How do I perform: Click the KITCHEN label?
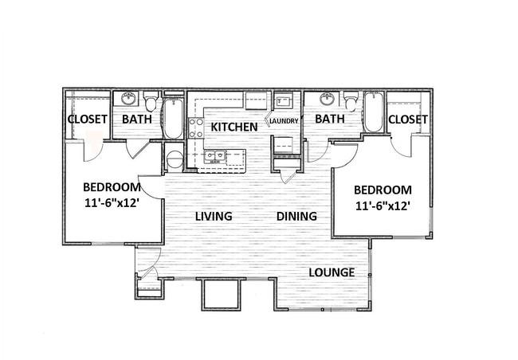pos(234,127)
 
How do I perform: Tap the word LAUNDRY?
pos(285,121)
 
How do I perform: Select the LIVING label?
pos(214,217)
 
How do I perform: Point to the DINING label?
pos(296,217)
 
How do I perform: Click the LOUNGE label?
pos(332,272)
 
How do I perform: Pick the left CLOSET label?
pos(87,119)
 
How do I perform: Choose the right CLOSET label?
pos(408,119)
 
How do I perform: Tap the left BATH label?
pos(137,119)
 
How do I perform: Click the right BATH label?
pos(330,119)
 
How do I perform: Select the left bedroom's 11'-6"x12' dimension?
pos(112,203)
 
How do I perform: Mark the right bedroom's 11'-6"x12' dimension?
pos(383,206)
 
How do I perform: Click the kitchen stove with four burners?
pos(196,128)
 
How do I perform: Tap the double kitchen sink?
pos(215,156)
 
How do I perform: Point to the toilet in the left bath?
pos(151,102)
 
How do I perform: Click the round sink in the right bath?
pos(327,98)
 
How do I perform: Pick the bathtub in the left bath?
pos(173,118)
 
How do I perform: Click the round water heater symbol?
pos(175,159)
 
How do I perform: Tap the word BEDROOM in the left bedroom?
pos(112,187)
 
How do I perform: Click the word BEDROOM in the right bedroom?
pos(383,190)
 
